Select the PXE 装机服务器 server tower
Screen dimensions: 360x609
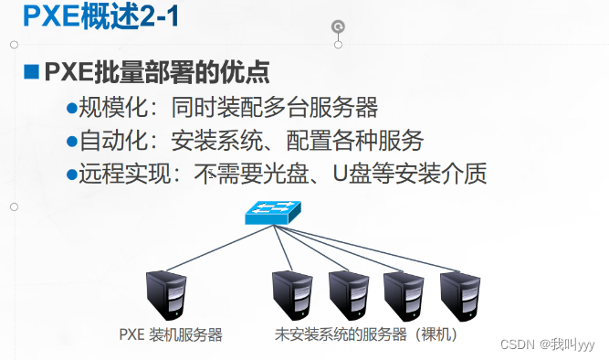pos(166,294)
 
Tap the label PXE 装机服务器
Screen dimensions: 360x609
pos(171,335)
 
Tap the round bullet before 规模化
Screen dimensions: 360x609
pos(72,108)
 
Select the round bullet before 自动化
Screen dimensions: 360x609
pos(72,141)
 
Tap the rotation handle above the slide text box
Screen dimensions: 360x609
pos(339,26)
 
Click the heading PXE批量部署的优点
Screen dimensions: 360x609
pos(156,72)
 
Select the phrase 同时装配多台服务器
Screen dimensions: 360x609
pos(274,108)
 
